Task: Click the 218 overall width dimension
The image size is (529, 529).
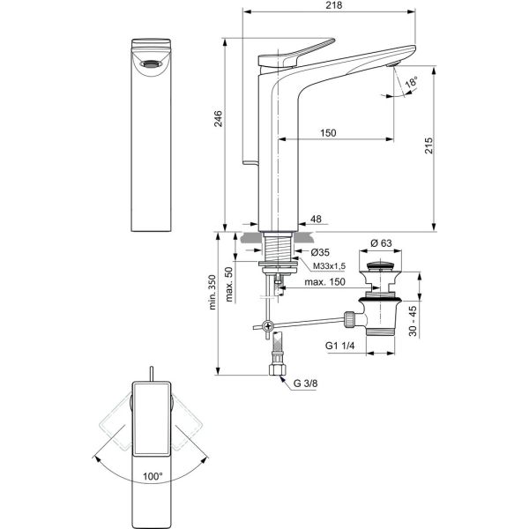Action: (x=334, y=5)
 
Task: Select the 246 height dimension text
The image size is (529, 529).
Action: (x=219, y=118)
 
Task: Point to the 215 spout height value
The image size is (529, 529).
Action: (x=428, y=145)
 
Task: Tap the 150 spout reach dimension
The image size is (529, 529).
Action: (x=328, y=132)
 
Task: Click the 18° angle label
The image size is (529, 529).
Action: (x=412, y=82)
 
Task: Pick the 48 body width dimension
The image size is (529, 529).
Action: (x=316, y=219)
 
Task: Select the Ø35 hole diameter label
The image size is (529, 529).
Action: (x=320, y=252)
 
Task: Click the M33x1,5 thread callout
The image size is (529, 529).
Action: (x=329, y=266)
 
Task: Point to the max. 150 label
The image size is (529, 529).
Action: (x=324, y=281)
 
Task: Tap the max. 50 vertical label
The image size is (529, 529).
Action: (x=228, y=284)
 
